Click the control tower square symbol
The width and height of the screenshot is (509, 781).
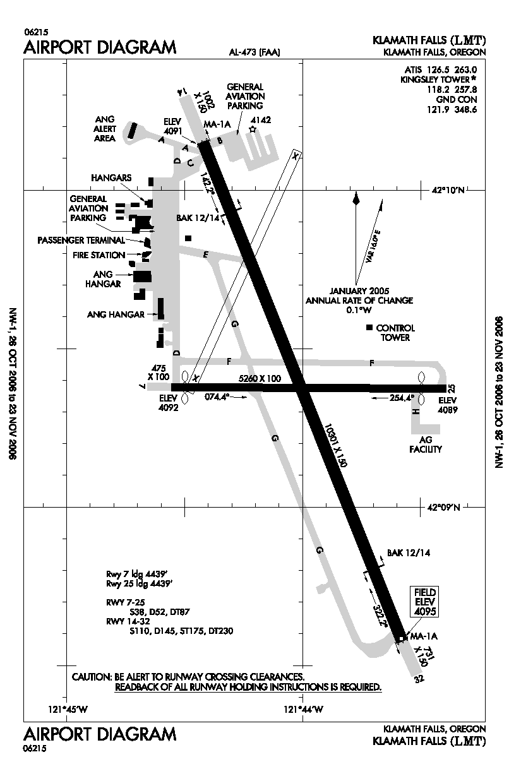(369, 328)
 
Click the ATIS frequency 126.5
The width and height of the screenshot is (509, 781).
(440, 70)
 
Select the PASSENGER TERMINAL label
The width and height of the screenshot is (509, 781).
(81, 240)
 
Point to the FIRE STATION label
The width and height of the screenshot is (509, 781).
(97, 255)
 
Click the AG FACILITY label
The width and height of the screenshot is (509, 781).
(426, 444)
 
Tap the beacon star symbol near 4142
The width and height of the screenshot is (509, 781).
(253, 129)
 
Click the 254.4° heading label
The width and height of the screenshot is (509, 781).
(402, 398)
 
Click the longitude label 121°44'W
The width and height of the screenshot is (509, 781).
(304, 709)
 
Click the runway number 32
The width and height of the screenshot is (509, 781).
(417, 679)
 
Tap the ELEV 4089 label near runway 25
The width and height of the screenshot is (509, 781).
(447, 405)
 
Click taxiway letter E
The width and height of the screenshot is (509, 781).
(205, 254)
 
